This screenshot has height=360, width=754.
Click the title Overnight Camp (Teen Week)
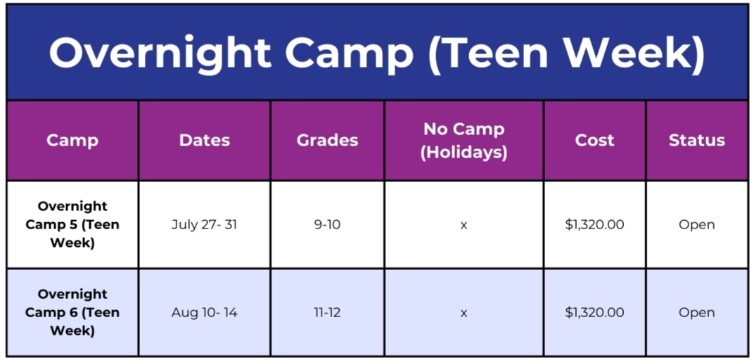click(377, 53)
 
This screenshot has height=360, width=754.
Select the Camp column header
click(72, 141)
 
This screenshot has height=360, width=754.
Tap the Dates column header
click(205, 141)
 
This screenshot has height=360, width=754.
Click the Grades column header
click(328, 141)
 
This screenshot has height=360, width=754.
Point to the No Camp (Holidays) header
click(464, 141)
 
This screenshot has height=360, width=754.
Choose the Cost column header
click(595, 141)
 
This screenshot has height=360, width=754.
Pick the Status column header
click(697, 141)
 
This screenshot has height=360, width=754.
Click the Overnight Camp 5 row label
click(72, 224)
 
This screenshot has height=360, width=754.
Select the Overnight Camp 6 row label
click(72, 312)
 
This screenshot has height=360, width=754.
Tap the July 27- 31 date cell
click(205, 224)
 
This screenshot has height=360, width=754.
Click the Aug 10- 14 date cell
click(205, 312)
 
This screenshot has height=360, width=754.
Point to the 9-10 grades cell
click(328, 224)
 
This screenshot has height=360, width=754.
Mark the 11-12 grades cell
click(328, 312)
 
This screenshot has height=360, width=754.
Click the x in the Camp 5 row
click(464, 225)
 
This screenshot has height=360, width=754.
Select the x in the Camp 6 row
click(464, 313)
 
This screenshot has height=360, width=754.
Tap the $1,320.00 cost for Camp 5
click(595, 225)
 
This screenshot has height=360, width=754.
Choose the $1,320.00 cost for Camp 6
click(595, 313)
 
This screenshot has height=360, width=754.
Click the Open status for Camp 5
click(697, 225)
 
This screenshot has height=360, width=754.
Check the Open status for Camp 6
click(697, 313)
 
